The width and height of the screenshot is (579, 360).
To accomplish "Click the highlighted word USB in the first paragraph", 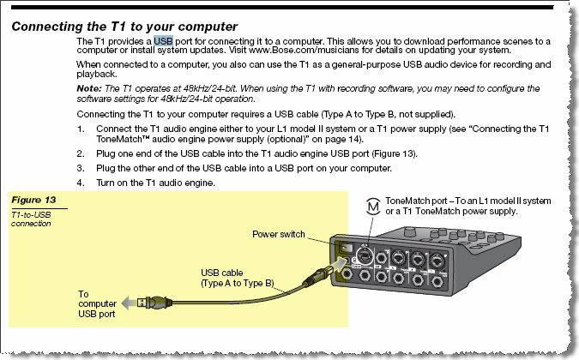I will click(162, 41).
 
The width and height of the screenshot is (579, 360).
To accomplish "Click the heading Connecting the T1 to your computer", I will click(124, 27).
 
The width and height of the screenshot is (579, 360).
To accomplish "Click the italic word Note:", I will click(89, 87).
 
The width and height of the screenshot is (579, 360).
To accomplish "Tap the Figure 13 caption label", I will click(33, 200).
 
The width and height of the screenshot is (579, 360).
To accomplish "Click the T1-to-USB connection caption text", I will click(33, 219).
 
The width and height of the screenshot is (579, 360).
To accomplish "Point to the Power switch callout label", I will click(278, 234).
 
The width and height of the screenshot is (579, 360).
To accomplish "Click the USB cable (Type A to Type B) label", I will click(237, 278).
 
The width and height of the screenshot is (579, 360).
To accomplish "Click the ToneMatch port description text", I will click(468, 206).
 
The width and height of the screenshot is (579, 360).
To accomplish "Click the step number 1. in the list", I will click(81, 129).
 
